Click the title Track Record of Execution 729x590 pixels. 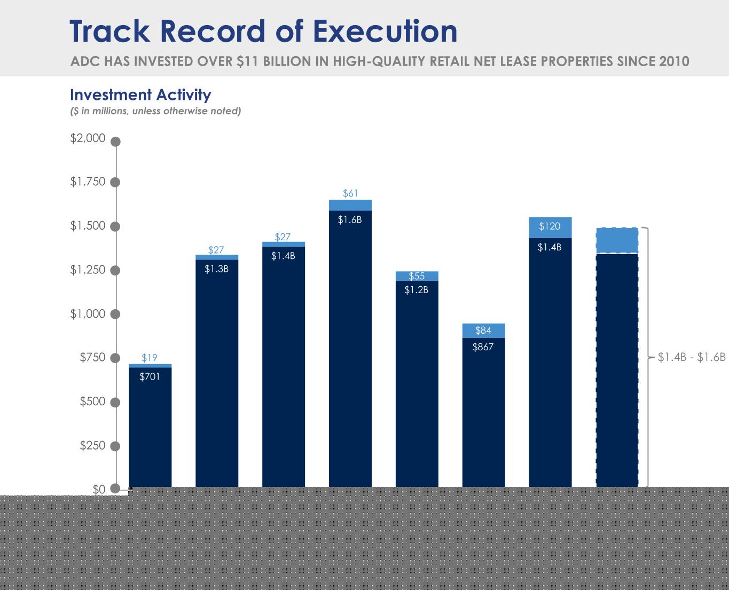(x=263, y=32)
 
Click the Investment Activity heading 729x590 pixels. (x=140, y=95)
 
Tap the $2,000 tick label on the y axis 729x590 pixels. (x=88, y=138)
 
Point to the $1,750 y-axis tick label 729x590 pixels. (x=88, y=182)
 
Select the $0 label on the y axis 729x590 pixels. (x=99, y=490)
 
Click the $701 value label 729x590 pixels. (x=150, y=377)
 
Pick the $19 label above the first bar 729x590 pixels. (x=149, y=358)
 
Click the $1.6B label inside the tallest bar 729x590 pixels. (x=350, y=219)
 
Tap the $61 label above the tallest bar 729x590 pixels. (x=350, y=193)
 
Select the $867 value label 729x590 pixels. (x=483, y=347)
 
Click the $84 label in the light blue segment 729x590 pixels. (x=483, y=331)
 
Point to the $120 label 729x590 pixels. (x=550, y=226)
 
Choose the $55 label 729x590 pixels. (x=417, y=276)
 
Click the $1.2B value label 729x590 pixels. (x=416, y=290)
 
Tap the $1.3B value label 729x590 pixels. (x=216, y=269)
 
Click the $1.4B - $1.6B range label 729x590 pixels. (x=692, y=357)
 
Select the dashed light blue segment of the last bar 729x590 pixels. (x=617, y=241)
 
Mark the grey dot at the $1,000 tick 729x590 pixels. (x=116, y=314)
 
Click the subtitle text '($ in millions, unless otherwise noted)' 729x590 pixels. (x=156, y=111)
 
